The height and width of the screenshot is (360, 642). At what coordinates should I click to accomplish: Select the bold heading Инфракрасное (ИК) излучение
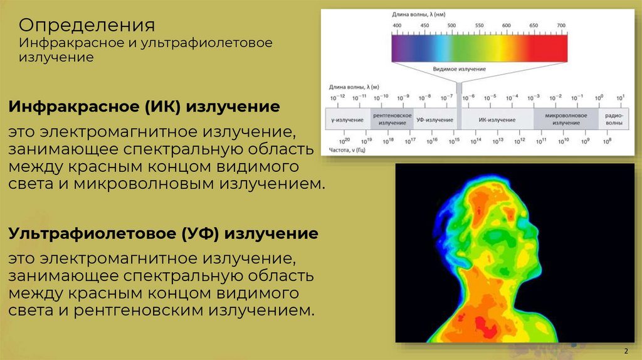(x=144, y=107)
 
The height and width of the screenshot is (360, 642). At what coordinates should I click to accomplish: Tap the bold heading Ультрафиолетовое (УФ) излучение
(x=163, y=234)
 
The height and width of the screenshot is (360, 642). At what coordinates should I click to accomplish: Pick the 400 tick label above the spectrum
(x=397, y=25)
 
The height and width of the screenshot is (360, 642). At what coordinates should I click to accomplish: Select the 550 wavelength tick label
(x=479, y=25)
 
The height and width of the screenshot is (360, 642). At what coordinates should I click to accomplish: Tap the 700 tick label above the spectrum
(x=561, y=25)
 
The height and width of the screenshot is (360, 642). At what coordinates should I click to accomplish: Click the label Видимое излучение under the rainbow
(x=460, y=69)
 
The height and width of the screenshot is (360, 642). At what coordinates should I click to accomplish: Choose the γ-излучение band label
(x=347, y=119)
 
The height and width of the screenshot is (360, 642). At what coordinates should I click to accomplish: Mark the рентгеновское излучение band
(x=392, y=119)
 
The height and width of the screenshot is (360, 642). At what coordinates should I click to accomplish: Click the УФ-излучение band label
(x=434, y=119)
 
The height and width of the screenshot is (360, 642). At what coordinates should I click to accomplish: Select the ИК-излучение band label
(x=497, y=119)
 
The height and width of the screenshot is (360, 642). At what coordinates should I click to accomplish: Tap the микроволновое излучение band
(x=566, y=119)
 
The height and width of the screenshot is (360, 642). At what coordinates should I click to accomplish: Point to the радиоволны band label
(x=614, y=119)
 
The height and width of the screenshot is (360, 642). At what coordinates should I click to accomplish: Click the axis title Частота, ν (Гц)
(x=350, y=151)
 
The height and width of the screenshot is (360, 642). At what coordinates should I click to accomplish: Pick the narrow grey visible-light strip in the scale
(x=460, y=119)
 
